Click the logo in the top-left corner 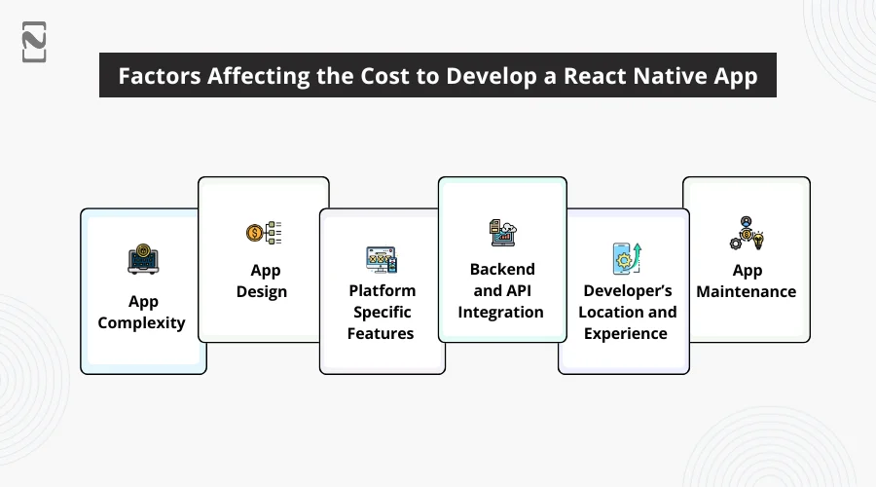(34, 42)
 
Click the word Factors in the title (160, 75)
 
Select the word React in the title (595, 75)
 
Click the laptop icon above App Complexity (143, 259)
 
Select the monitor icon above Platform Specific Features (382, 259)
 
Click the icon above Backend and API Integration (503, 233)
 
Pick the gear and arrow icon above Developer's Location (627, 258)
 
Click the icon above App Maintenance (747, 233)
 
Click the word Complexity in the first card (141, 323)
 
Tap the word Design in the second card (262, 292)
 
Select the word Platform (383, 290)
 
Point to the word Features (381, 333)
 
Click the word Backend (502, 269)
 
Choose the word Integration (500, 312)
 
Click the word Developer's (628, 291)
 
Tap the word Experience (626, 334)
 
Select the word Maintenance (747, 291)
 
